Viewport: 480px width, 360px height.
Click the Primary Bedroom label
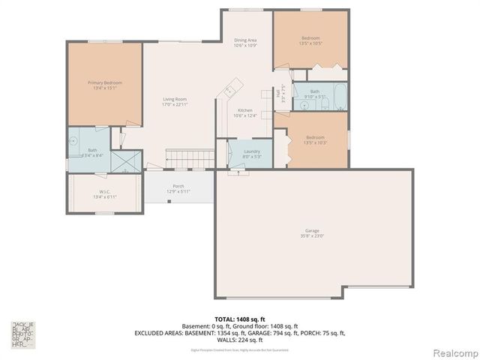pyautogui.click(x=104, y=82)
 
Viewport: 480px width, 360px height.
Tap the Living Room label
pyautogui.click(x=175, y=99)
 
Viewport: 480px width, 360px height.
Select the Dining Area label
pyautogui.click(x=245, y=40)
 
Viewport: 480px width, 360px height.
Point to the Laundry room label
pyautogui.click(x=252, y=151)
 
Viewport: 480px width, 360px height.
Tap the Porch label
pyautogui.click(x=178, y=186)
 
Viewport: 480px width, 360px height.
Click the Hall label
pyautogui.click(x=277, y=95)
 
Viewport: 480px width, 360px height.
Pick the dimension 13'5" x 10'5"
pyautogui.click(x=310, y=43)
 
